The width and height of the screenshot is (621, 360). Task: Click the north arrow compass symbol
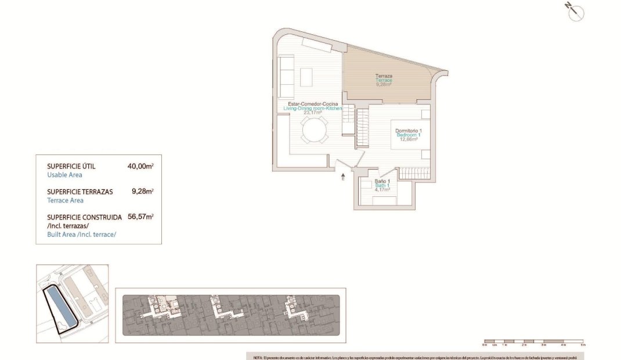click(x=576, y=12)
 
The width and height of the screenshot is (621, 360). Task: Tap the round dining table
click(x=315, y=129)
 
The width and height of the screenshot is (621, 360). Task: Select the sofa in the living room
click(x=285, y=77)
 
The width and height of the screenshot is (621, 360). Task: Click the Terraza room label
click(x=384, y=75)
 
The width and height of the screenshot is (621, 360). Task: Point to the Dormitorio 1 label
click(x=408, y=131)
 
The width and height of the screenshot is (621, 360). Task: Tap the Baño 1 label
click(x=381, y=181)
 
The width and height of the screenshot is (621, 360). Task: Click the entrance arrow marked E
click(x=343, y=177)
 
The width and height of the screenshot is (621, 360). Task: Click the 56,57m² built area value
click(x=140, y=217)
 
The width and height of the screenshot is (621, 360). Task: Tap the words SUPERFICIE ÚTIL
click(x=71, y=167)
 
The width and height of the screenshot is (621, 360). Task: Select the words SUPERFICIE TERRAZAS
click(x=80, y=192)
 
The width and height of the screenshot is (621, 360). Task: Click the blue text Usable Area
click(x=64, y=175)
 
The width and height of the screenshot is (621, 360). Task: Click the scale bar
click(x=533, y=341)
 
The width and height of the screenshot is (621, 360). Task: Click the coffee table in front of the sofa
click(x=306, y=77)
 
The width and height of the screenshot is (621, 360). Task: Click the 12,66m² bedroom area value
click(x=408, y=139)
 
